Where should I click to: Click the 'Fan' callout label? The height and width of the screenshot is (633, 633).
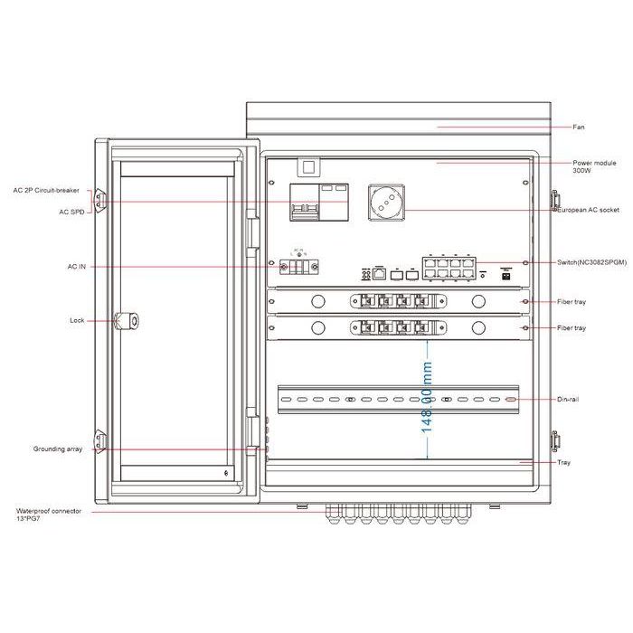point(579,128)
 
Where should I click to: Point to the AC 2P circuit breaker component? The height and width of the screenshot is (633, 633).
point(305,202)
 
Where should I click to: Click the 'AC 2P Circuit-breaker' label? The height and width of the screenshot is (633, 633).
point(46,191)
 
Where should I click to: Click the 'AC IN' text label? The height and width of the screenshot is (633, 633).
point(78,267)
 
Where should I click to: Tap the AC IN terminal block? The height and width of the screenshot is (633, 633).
point(298,267)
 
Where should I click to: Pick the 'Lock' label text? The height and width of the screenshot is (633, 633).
point(77,320)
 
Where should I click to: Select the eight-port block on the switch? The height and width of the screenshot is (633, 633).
point(440,269)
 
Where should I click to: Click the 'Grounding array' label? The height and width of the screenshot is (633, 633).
point(58,449)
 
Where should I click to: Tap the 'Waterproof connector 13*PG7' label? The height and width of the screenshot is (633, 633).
point(49,515)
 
